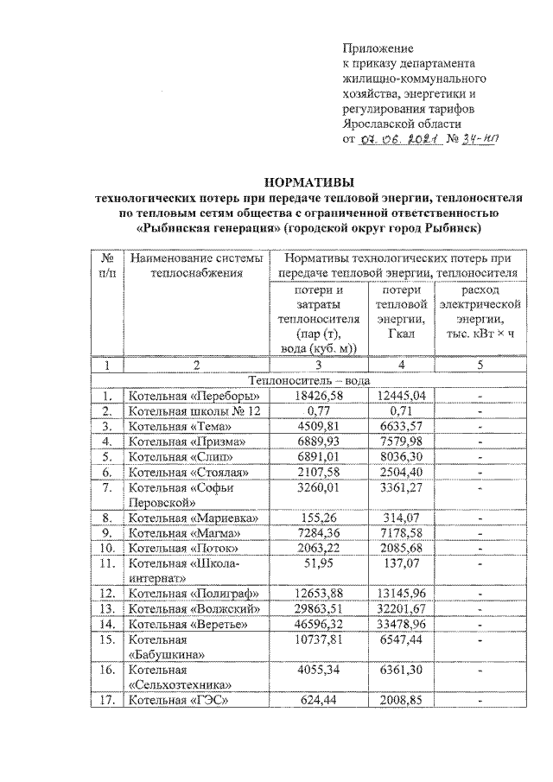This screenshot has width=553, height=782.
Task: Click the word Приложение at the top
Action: (378, 48)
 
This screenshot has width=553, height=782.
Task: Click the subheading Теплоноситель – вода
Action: (308, 379)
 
